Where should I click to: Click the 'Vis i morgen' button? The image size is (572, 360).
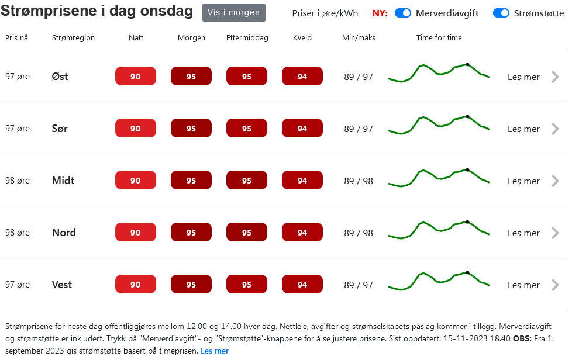tap(233, 12)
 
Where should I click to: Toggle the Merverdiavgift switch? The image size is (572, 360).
tap(403, 13)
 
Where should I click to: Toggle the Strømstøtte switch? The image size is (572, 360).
tap(501, 13)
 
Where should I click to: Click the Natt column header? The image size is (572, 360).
tap(136, 37)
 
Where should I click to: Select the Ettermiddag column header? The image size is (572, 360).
tap(247, 37)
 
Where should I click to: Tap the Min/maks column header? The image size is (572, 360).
tap(359, 37)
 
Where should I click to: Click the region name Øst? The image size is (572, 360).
tap(60, 77)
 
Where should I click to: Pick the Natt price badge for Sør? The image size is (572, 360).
tap(136, 129)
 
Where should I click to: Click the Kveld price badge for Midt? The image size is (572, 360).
tap(302, 181)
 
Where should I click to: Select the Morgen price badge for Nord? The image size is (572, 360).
tap(191, 233)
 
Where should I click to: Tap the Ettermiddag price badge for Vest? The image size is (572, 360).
tap(247, 285)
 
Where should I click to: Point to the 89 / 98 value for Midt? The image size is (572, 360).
tap(359, 181)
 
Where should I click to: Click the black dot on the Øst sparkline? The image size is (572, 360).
tap(467, 64)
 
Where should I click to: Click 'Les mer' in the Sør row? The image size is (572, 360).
tap(523, 129)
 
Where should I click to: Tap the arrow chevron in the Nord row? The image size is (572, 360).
tap(555, 233)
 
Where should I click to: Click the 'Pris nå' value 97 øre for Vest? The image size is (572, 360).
tap(18, 285)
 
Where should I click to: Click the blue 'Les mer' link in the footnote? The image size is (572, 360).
tap(215, 351)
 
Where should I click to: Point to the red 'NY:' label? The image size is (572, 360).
tap(380, 13)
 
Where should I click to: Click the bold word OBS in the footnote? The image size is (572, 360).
tap(522, 339)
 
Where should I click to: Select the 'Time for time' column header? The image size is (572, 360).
tap(439, 37)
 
